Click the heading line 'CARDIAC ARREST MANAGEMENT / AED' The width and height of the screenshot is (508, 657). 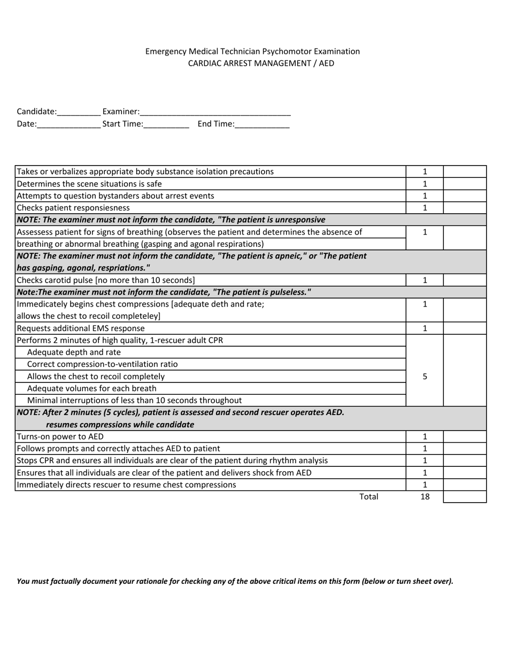pos(261,63)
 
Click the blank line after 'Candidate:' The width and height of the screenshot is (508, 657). pos(79,113)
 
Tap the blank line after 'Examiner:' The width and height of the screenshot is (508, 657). pos(215,113)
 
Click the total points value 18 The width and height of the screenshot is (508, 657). pos(425,497)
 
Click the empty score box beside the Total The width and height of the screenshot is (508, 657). pos(465,497)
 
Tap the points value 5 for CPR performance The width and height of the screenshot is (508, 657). pos(425,376)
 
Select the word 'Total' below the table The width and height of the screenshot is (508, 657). pos(368,497)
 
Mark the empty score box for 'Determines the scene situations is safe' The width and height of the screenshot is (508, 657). pos(465,184)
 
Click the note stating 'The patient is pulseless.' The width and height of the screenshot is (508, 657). pos(164,292)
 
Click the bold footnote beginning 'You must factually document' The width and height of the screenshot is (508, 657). pos(235,581)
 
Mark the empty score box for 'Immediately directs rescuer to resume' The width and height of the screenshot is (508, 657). pos(465,485)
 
